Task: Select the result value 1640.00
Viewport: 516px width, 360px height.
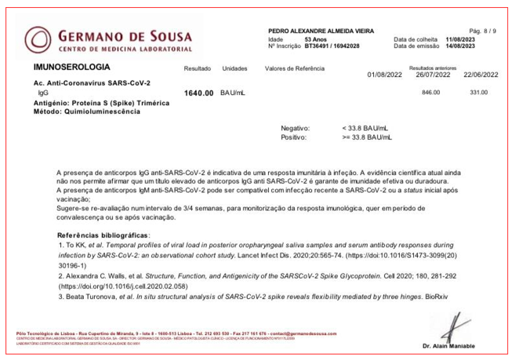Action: click(198, 93)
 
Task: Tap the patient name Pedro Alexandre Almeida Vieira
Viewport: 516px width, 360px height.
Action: click(322, 30)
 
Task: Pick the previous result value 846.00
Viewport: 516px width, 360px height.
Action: click(432, 93)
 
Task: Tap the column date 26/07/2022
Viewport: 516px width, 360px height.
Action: click(433, 75)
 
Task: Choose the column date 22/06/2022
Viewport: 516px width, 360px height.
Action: click(481, 75)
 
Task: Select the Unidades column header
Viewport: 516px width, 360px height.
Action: click(235, 69)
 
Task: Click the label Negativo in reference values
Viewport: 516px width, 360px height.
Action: click(296, 128)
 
